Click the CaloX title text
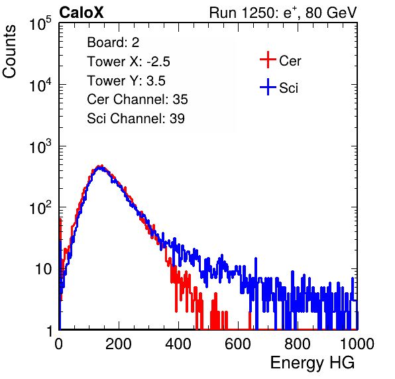pos(82,13)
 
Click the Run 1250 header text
pos(283,13)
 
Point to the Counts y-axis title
pos(9,52)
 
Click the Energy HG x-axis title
pos(312,362)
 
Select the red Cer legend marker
pos(268,60)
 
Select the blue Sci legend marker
pos(268,87)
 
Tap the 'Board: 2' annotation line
pos(113,42)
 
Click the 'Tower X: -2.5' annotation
pos(129,62)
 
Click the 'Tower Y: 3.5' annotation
pos(126,81)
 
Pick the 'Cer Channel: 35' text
pos(137,99)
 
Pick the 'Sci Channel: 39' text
pos(136,119)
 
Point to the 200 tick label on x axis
pos(119,344)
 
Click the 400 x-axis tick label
pos(178,344)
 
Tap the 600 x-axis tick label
pos(238,344)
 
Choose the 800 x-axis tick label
pos(298,344)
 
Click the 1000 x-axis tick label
pos(357,344)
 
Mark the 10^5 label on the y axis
pos(40,23)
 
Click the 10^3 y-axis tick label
pos(40,146)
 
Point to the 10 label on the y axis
pos(43,269)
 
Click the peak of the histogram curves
pos(101,166)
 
